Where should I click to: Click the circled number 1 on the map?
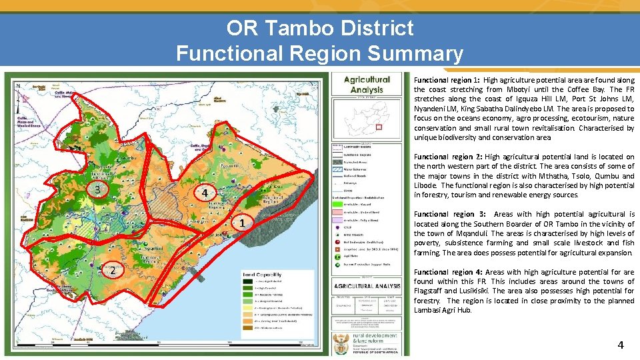[243, 222]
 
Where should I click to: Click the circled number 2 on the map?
[113, 271]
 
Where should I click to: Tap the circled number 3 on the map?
[97, 189]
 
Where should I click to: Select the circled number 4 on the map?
[206, 193]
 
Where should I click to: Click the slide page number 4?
[621, 345]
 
